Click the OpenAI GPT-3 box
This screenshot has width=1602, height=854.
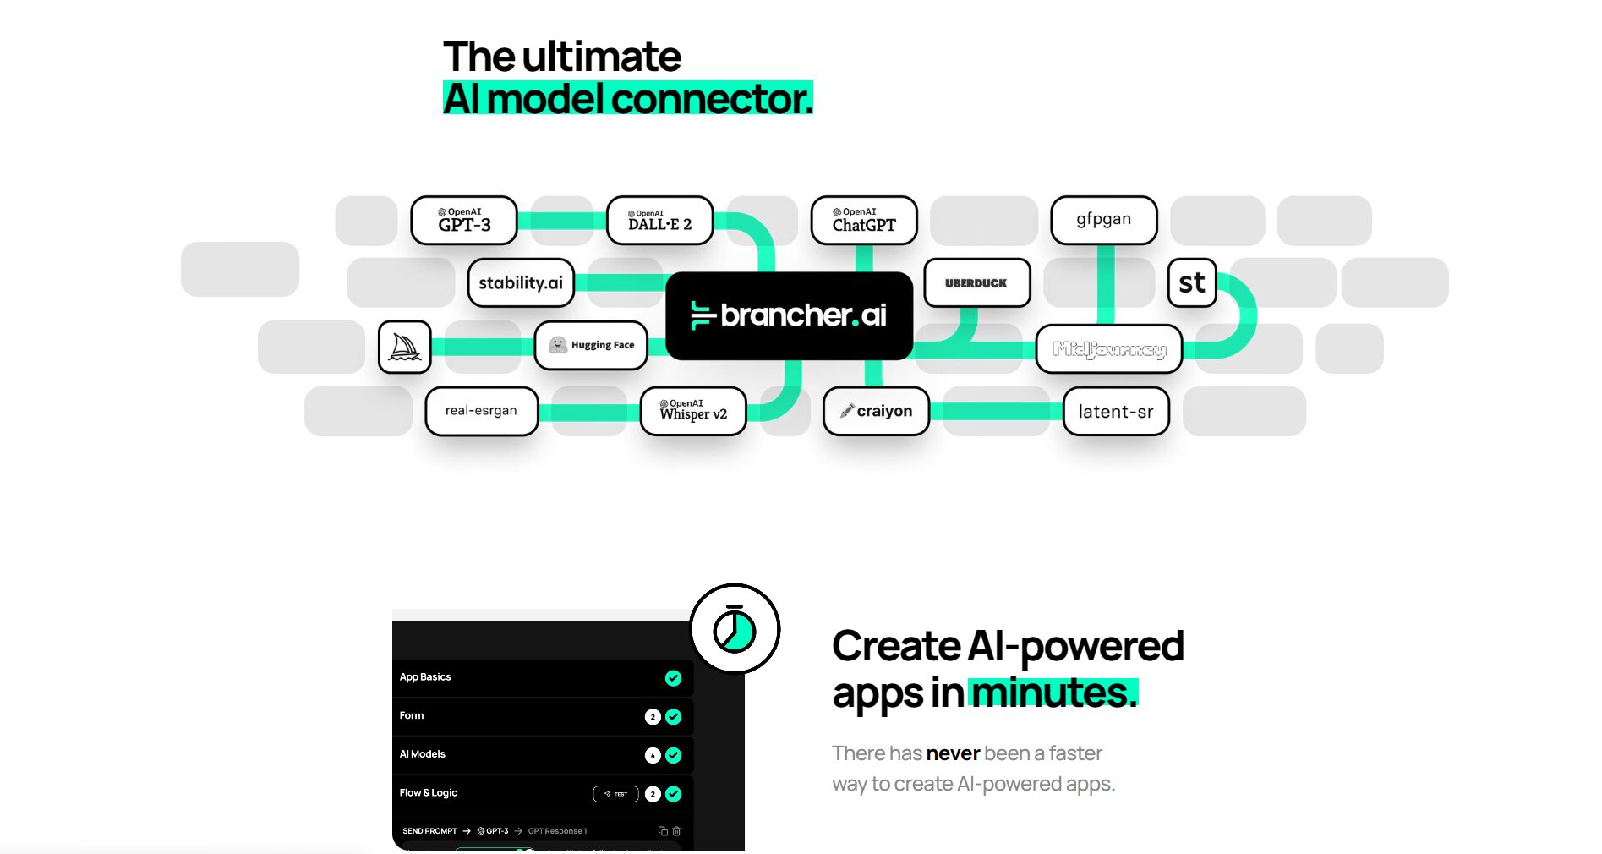pyautogui.click(x=464, y=220)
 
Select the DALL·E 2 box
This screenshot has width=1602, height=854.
pyautogui.click(x=659, y=220)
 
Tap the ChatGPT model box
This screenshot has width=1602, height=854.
pyautogui.click(x=863, y=220)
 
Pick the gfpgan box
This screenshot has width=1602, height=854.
pyautogui.click(x=1103, y=220)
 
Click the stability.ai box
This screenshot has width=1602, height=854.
pyautogui.click(x=521, y=282)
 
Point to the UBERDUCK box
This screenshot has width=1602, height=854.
pyautogui.click(x=976, y=282)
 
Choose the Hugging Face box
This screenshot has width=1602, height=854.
pyautogui.click(x=591, y=345)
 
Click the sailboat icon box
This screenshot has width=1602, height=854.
pyautogui.click(x=405, y=347)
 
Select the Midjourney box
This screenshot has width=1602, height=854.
pyautogui.click(x=1108, y=348)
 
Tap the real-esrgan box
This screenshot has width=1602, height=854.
pyautogui.click(x=481, y=411)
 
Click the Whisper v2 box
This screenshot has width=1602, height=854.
pyautogui.click(x=693, y=411)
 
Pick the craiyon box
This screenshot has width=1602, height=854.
pyautogui.click(x=876, y=411)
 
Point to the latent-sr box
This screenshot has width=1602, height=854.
pyautogui.click(x=1115, y=411)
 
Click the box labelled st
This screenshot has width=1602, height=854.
pyautogui.click(x=1192, y=282)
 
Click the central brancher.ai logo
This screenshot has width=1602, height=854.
pyautogui.click(x=789, y=315)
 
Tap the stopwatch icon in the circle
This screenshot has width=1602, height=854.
pyautogui.click(x=734, y=629)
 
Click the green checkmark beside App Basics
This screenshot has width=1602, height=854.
pyautogui.click(x=673, y=678)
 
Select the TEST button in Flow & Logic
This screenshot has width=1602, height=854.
pyautogui.click(x=615, y=794)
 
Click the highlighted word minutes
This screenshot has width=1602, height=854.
pyautogui.click(x=1053, y=693)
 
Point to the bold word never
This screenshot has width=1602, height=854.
pyautogui.click(x=953, y=753)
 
